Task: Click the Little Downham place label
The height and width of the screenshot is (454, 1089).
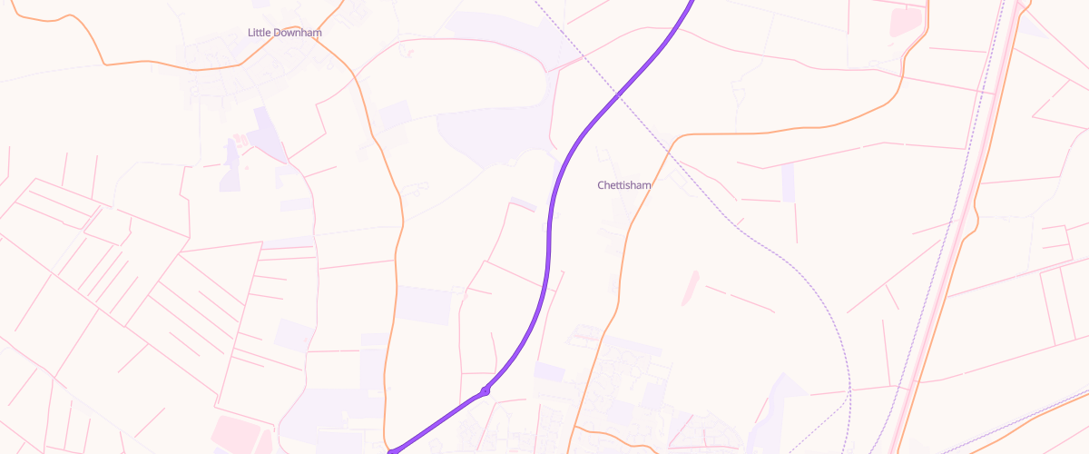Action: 285,33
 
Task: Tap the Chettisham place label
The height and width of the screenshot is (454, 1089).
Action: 624,185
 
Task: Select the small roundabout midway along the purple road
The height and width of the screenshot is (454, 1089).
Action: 486,391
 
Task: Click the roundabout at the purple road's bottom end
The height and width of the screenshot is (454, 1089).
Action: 392,450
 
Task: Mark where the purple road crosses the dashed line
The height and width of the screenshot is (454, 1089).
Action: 617,94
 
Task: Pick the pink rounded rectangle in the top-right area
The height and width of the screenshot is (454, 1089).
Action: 906,22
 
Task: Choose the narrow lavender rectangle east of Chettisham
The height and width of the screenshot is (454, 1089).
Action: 788,183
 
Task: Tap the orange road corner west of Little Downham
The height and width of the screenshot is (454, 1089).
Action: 106,64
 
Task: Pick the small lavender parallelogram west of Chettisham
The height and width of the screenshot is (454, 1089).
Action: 523,203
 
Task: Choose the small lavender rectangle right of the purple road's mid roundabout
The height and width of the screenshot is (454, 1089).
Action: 549,371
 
